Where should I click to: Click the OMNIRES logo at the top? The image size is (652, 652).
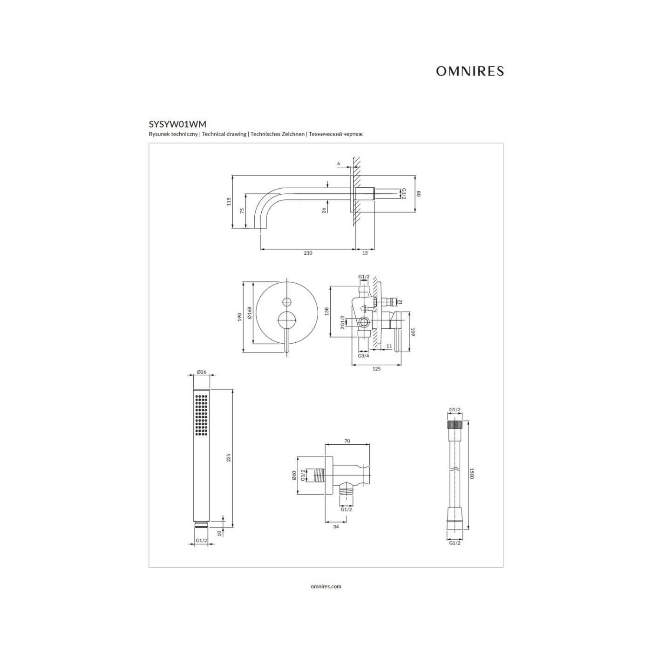tap(469, 71)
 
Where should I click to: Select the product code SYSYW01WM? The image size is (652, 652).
tap(177, 124)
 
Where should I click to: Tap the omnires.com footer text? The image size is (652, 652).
tap(326, 586)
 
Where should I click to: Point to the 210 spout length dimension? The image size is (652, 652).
tap(308, 253)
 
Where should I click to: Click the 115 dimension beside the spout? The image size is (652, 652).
tap(229, 202)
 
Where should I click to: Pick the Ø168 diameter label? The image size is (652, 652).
tap(250, 313)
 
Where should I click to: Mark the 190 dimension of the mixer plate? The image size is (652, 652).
tap(239, 317)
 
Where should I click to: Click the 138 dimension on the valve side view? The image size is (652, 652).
tap(326, 311)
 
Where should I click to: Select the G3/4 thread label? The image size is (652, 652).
tap(364, 356)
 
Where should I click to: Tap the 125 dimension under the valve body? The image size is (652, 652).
tap(376, 369)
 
